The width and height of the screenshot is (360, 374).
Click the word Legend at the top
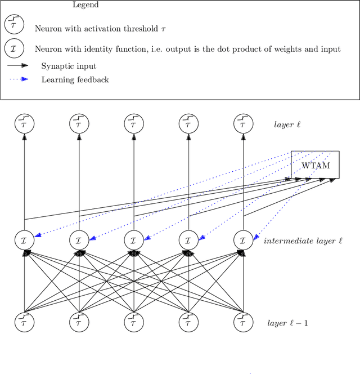pos(85,5)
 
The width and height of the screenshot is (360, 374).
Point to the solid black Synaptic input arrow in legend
pos(18,66)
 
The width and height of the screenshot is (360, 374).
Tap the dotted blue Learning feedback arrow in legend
pos(18,79)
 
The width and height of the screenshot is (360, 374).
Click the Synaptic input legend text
pos(69,66)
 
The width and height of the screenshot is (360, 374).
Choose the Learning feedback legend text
pos(75,80)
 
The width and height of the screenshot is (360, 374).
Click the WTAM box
pos(315,164)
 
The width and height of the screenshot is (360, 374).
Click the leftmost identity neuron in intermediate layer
pos(24,241)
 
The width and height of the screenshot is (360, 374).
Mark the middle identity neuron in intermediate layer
pos(134,241)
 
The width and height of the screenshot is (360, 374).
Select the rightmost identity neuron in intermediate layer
pos(243,241)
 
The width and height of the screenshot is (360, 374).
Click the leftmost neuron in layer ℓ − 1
pos(24,323)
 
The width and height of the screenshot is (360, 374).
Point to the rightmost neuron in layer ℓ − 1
pos(243,323)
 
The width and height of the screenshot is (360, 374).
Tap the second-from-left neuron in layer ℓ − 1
pos(79,323)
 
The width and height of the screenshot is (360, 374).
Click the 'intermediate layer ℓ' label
pos(303,241)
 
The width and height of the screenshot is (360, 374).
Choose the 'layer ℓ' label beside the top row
pos(287,124)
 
